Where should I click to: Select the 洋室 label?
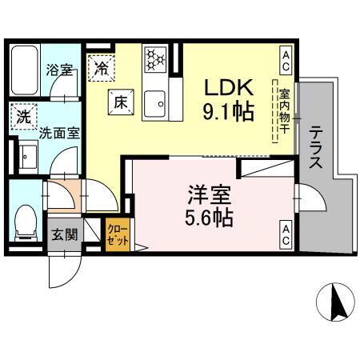click(210, 194)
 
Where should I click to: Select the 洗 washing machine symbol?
click(24, 117)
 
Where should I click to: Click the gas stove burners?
click(154, 58)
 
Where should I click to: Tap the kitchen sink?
click(155, 103)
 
